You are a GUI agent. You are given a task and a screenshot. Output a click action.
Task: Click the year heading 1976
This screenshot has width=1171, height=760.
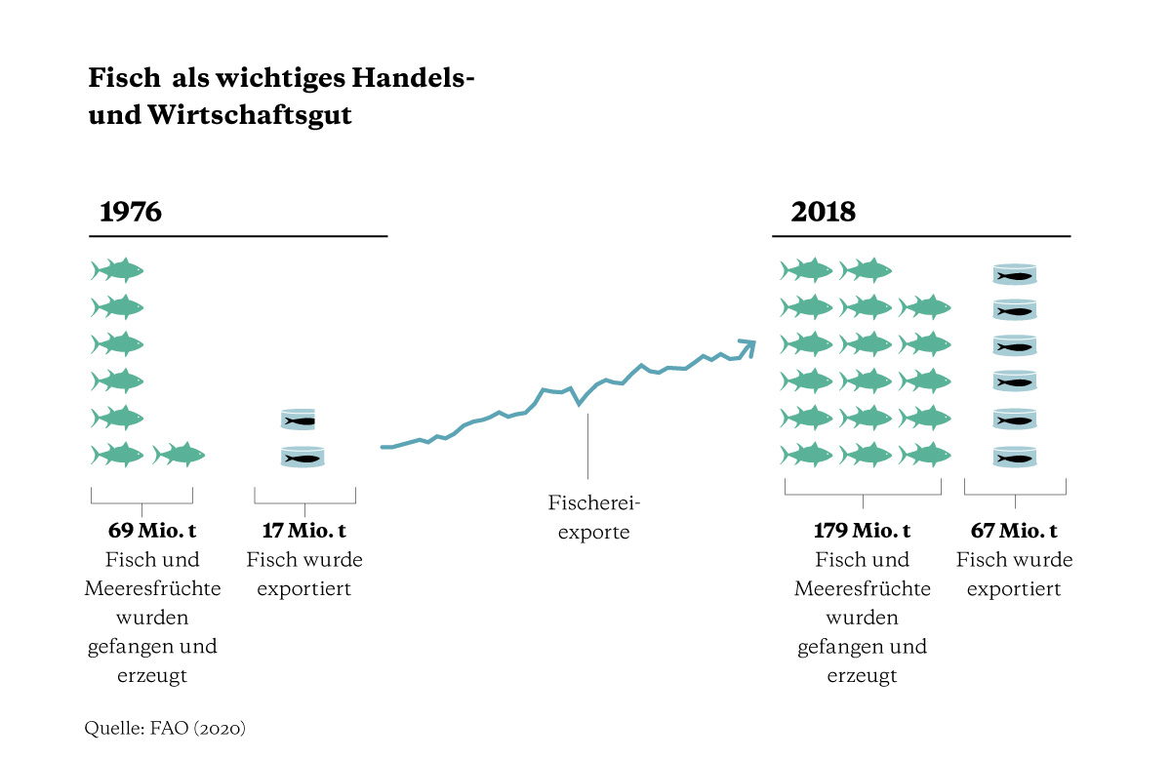[131, 212]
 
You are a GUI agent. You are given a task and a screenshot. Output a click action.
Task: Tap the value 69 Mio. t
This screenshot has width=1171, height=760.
[141, 532]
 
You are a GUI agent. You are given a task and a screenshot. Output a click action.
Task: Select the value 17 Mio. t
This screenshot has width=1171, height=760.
[304, 532]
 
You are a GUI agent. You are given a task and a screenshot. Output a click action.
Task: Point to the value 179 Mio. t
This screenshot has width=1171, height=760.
[863, 532]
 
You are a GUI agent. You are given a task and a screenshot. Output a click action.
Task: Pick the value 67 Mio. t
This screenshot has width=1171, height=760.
[1014, 532]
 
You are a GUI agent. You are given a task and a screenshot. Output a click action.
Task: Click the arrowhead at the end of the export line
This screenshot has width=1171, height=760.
[747, 343]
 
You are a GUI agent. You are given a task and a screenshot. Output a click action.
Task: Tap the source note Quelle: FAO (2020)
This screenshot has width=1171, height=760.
[165, 728]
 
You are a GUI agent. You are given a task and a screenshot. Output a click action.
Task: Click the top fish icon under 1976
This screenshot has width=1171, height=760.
[117, 270]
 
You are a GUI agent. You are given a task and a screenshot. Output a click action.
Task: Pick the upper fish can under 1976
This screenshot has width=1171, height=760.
[303, 420]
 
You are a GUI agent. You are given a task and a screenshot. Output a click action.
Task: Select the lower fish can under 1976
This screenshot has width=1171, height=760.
[303, 457]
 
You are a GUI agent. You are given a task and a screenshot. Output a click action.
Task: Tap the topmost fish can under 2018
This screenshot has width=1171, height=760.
[1014, 274]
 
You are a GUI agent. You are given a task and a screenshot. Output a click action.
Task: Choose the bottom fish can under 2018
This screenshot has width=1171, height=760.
[1014, 457]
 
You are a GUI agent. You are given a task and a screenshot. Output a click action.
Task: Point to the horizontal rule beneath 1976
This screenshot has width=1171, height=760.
[239, 236]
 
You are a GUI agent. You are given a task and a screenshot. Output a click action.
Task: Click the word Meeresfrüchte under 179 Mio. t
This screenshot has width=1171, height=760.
[863, 589]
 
